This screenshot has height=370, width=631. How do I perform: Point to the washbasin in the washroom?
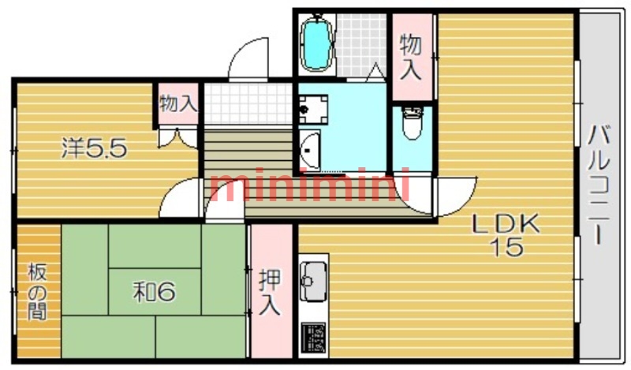click(x=311, y=148)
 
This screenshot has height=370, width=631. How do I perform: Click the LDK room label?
click(x=505, y=225)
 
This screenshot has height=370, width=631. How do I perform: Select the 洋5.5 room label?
click(x=95, y=148)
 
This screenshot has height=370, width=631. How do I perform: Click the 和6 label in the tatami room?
click(x=153, y=293)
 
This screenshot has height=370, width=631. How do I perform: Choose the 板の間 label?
click(x=36, y=292)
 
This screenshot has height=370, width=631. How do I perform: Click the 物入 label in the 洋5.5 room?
click(x=177, y=103)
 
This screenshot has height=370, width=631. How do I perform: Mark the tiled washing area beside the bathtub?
click(x=360, y=43)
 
